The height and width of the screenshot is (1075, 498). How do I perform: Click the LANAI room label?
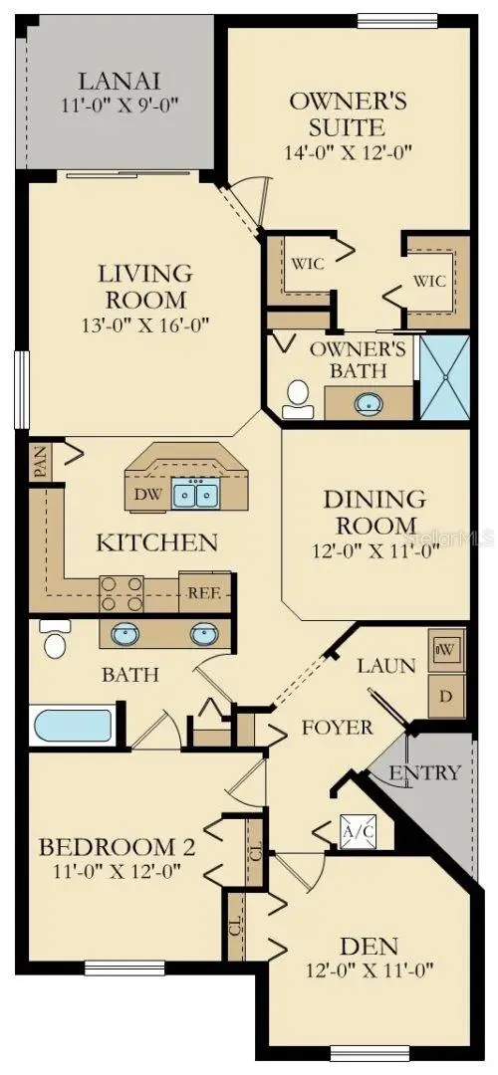click(x=120, y=81)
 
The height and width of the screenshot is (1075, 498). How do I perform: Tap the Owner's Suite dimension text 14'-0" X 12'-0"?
click(x=348, y=151)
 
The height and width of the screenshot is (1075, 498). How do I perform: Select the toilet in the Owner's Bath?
click(x=297, y=400)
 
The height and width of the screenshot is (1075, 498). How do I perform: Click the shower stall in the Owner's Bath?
click(x=444, y=378)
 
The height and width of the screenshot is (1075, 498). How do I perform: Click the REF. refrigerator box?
click(x=204, y=592)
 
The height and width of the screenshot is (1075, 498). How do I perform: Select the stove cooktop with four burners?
click(x=122, y=593)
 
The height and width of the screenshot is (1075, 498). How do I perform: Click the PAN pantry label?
click(x=39, y=463)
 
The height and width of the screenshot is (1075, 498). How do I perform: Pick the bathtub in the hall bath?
click(x=72, y=726)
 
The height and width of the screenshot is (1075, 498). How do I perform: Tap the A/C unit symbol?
click(x=359, y=831)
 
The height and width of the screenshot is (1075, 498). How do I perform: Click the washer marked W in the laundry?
click(x=445, y=650)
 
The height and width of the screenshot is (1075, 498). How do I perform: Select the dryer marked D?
click(x=446, y=696)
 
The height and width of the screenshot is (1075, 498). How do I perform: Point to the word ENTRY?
click(x=424, y=772)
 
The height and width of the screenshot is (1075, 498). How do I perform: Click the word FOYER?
click(x=338, y=727)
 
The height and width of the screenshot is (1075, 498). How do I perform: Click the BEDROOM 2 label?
click(x=117, y=847)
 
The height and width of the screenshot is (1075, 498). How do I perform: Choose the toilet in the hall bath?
click(x=55, y=638)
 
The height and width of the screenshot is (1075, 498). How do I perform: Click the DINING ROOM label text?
click(x=374, y=513)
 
